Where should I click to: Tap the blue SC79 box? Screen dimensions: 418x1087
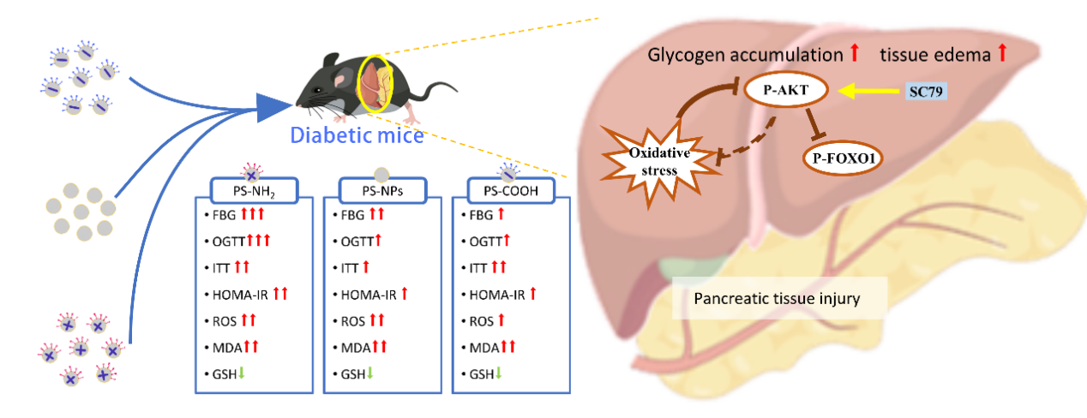coord(926,90)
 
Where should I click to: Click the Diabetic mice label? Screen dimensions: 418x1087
coord(356,134)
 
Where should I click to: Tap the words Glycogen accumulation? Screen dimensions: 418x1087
coord(744,55)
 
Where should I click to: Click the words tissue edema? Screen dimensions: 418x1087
coord(935,55)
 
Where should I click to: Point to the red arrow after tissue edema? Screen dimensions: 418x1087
coord(1002,54)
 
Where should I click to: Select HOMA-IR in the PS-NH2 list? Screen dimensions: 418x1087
coord(237,294)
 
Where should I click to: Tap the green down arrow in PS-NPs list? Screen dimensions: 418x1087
coord(371,374)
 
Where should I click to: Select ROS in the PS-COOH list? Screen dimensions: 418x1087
coord(479,321)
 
